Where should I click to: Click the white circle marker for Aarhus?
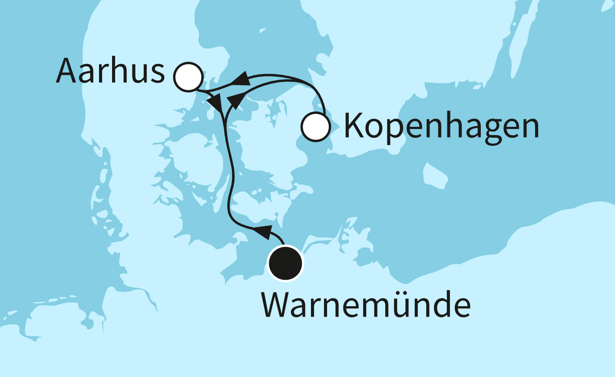[188, 77]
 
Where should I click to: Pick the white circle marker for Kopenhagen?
[316, 127]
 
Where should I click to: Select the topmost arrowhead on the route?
[241, 79]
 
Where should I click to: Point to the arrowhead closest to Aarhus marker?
[214, 103]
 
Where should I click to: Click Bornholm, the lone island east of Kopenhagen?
[435, 176]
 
